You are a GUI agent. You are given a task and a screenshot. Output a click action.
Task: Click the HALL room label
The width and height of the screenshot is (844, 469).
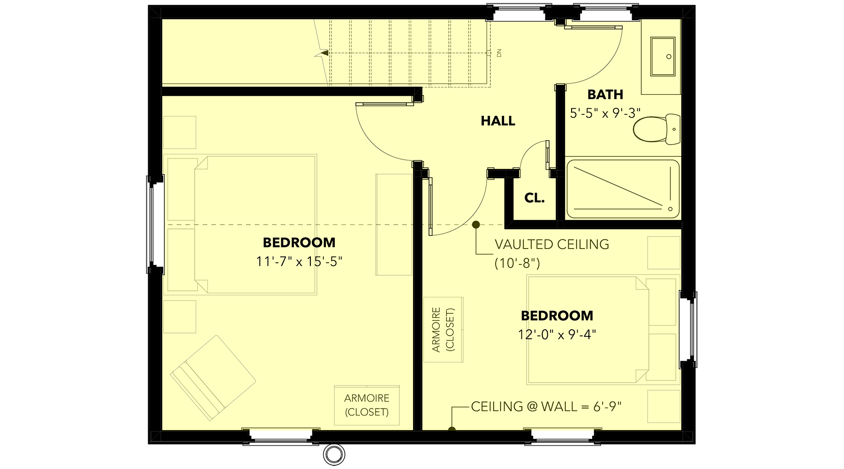[498, 121]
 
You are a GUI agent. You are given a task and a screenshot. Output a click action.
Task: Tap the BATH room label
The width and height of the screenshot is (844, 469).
[605, 95]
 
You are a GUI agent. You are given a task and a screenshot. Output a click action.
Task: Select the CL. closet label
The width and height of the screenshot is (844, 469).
[535, 198]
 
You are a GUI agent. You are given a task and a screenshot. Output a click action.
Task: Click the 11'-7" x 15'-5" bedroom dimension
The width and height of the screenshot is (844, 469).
[299, 261]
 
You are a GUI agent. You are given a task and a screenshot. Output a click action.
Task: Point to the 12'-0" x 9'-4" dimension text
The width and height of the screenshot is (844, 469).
[557, 334]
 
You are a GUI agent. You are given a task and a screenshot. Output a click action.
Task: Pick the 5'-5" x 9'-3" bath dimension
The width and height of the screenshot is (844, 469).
[605, 113]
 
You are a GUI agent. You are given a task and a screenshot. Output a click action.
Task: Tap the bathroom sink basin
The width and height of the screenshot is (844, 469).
[663, 57]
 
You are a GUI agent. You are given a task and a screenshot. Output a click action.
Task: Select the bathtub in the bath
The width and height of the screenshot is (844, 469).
[623, 189]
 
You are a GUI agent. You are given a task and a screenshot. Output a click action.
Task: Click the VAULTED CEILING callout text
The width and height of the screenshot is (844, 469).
[552, 244]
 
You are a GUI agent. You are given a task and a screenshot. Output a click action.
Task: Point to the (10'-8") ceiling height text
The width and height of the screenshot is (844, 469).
[518, 263]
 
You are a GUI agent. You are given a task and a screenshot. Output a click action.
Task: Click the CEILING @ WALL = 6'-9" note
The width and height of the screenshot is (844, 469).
[546, 407]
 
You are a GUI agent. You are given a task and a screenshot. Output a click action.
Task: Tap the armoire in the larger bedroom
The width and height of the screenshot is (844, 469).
[367, 405]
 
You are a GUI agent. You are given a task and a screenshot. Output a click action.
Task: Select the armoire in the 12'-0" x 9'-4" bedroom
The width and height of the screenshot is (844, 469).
[443, 330]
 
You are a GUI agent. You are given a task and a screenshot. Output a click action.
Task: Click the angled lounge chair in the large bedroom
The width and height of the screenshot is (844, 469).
[213, 378]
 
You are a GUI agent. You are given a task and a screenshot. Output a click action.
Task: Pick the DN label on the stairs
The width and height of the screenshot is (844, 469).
[499, 53]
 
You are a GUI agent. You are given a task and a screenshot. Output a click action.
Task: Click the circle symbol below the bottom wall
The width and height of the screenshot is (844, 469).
[334, 454]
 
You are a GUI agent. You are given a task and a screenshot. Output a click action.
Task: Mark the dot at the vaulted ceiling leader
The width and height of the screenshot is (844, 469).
[476, 225]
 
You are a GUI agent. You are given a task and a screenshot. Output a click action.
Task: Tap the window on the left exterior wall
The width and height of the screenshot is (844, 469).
[155, 225]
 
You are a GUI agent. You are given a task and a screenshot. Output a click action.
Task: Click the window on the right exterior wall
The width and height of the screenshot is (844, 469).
[688, 329]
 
